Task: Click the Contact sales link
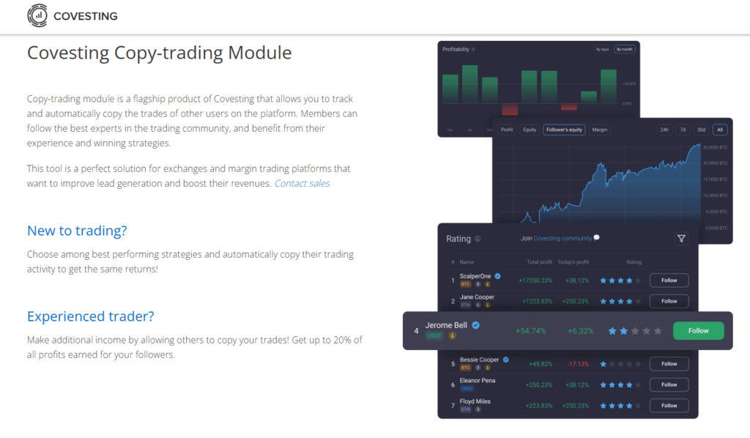(302, 183)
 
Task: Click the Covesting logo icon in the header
(37, 15)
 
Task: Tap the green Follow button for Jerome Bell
(698, 330)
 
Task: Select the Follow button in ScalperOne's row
(669, 280)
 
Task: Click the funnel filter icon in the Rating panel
(681, 238)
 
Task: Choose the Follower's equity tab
(564, 130)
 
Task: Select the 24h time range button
(664, 130)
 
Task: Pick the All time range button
(720, 130)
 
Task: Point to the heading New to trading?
(77, 231)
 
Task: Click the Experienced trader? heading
(91, 316)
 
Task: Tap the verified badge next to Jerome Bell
(475, 325)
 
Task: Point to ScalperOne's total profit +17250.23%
(535, 280)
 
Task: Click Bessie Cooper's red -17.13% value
(577, 363)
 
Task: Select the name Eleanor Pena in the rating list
(476, 380)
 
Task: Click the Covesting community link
(562, 238)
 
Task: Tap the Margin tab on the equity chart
(599, 130)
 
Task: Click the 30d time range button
(701, 130)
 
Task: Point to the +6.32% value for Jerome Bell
(580, 331)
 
